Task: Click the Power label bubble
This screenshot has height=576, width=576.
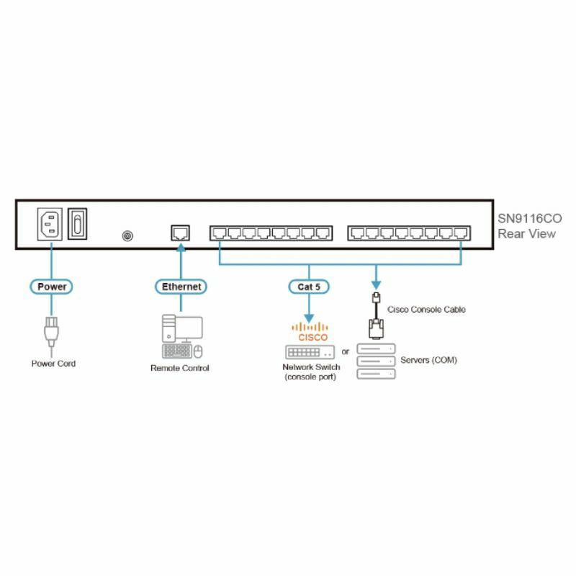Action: [52, 287]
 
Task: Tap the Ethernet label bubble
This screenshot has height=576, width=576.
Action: [181, 287]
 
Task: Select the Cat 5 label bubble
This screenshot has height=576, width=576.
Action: [309, 287]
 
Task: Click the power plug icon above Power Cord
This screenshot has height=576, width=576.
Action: [52, 332]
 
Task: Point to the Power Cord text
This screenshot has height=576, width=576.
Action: [53, 364]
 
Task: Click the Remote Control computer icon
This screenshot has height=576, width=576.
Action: [181, 336]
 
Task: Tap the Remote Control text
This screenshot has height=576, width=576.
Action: [180, 368]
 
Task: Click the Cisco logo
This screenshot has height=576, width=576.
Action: [310, 333]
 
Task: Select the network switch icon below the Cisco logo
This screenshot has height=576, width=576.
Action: [310, 352]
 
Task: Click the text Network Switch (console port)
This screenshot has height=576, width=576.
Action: [310, 372]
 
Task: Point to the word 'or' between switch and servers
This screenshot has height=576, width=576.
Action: [346, 352]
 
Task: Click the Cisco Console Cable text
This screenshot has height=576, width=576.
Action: [427, 310]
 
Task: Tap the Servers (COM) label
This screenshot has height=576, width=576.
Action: [429, 360]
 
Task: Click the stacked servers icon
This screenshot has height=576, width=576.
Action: [375, 361]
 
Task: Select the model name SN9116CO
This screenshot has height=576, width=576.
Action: [529, 218]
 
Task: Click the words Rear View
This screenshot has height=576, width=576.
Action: [526, 233]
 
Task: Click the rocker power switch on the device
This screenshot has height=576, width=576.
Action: [78, 224]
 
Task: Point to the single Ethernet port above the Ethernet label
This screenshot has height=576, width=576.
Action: [180, 232]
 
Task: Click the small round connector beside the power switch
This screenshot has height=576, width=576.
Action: [127, 235]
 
